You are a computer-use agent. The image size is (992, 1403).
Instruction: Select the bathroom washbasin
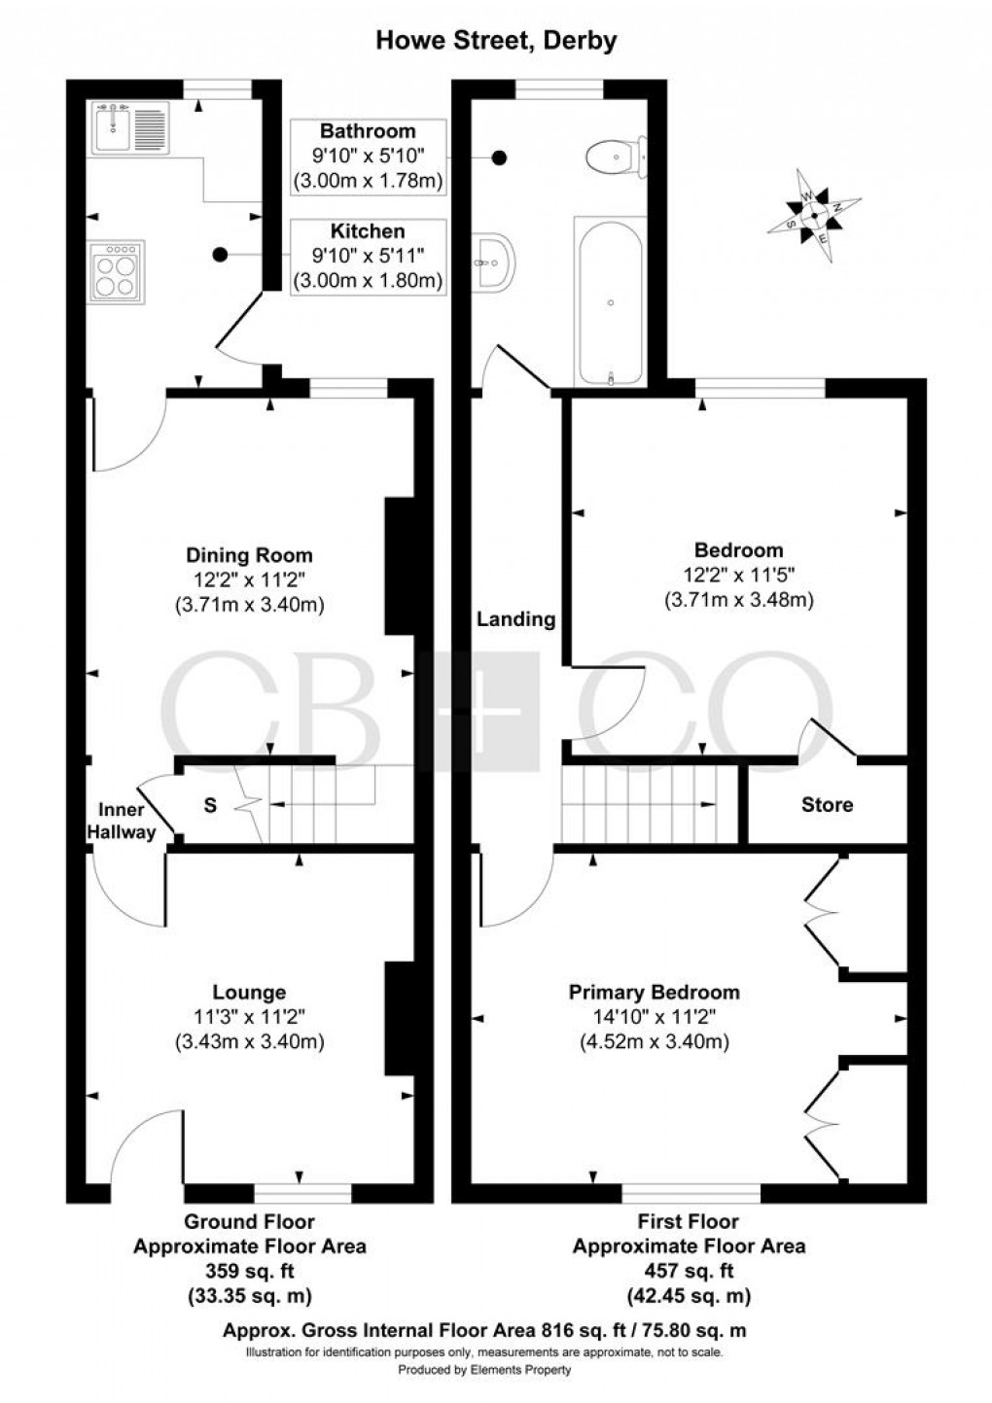coord(493,263)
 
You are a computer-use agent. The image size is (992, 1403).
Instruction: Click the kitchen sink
coord(131,127)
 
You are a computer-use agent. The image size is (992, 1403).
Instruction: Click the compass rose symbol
coord(814,216)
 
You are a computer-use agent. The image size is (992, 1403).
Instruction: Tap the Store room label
coord(827,805)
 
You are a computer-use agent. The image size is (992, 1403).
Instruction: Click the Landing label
coord(516,619)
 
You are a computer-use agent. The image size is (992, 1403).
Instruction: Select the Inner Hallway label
coord(121,822)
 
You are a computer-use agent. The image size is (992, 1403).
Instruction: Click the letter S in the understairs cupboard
coord(210,805)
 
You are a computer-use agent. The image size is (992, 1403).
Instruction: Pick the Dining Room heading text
coord(249,555)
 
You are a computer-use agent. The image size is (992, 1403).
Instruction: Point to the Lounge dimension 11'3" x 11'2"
coord(249,1015)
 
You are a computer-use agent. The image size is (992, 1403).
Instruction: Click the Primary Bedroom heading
coord(655,992)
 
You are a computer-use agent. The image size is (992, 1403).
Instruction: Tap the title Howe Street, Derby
coord(496,41)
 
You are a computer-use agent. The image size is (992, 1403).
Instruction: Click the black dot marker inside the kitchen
coord(220,255)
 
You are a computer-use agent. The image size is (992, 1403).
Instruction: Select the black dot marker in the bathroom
coord(499,158)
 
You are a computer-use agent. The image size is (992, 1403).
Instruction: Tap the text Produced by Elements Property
coord(484,1370)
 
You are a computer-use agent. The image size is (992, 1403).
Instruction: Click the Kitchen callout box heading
coord(368,231)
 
